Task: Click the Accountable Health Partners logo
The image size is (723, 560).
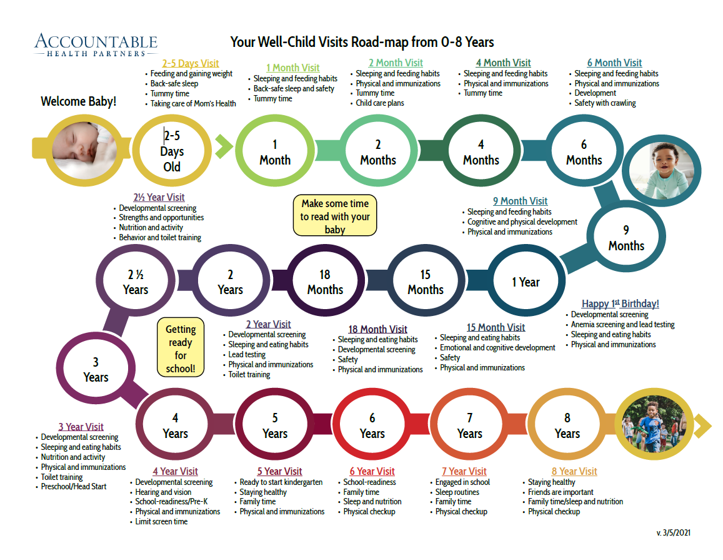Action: click(x=96, y=45)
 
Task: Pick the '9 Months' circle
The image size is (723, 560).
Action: click(x=626, y=238)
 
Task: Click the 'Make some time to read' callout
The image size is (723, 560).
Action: click(x=335, y=216)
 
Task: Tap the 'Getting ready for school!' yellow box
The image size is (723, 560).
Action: click(x=181, y=349)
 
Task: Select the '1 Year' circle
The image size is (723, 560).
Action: click(x=526, y=282)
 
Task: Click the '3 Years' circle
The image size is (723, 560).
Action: click(x=96, y=370)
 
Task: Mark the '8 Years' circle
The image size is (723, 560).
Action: click(x=567, y=425)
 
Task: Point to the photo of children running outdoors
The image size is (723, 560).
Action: click(x=652, y=426)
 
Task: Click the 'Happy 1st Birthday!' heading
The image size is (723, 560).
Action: click(x=620, y=304)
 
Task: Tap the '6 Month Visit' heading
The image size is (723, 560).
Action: click(x=614, y=63)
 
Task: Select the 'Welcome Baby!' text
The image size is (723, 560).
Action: click(x=79, y=101)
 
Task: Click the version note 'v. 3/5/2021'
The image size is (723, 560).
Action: click(x=674, y=532)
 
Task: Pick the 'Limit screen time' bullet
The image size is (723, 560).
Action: click(x=161, y=522)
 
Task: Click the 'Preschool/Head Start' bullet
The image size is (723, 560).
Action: click(x=74, y=487)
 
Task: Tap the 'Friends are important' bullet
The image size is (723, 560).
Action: click(x=561, y=492)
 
